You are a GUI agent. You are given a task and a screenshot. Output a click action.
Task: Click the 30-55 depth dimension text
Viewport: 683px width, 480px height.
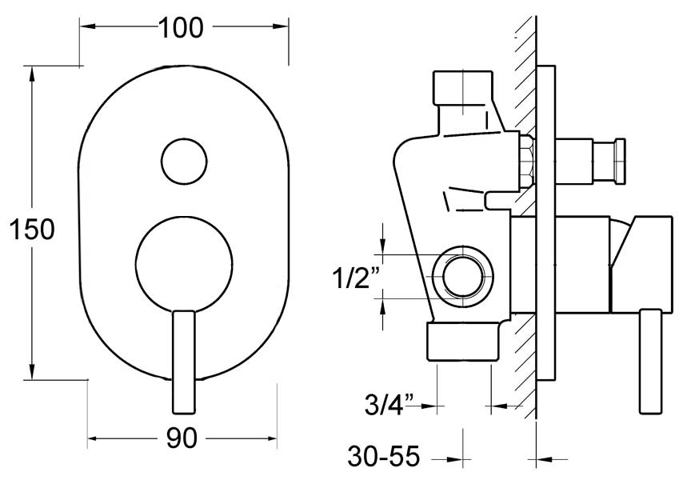tap(384, 458)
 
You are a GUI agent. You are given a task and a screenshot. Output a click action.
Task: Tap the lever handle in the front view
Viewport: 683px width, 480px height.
tap(183, 360)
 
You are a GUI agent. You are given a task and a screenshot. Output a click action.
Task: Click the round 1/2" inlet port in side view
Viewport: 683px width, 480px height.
tap(462, 277)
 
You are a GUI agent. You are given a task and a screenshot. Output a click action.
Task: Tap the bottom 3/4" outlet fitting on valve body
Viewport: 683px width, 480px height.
tap(465, 342)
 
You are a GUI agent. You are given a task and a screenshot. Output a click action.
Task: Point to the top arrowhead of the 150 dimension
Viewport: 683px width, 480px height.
tap(31, 74)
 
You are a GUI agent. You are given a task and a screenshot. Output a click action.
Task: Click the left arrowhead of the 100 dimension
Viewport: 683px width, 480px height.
tap(87, 27)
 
